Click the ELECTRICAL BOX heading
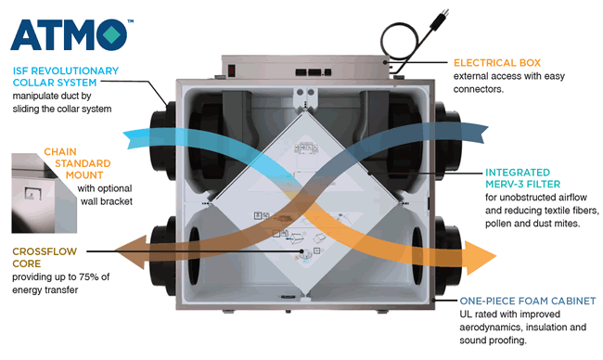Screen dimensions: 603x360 (x=497, y=63)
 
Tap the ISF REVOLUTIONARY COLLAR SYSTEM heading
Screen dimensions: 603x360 (x=66, y=76)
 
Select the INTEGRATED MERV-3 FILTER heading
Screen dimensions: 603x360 (x=522, y=178)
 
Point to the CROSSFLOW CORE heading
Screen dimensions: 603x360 (x=45, y=257)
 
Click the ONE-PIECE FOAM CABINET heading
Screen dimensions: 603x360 (x=528, y=301)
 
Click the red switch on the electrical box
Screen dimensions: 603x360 (x=232, y=71)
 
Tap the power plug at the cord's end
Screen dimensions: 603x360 (x=440, y=19)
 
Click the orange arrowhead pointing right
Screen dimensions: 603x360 (x=481, y=258)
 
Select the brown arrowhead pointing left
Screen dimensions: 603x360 (x=131, y=252)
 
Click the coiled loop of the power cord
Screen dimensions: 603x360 (x=399, y=41)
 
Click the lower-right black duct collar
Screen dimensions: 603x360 (x=448, y=256)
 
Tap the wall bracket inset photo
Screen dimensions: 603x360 (x=44, y=193)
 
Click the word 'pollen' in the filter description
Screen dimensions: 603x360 (x=498, y=224)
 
